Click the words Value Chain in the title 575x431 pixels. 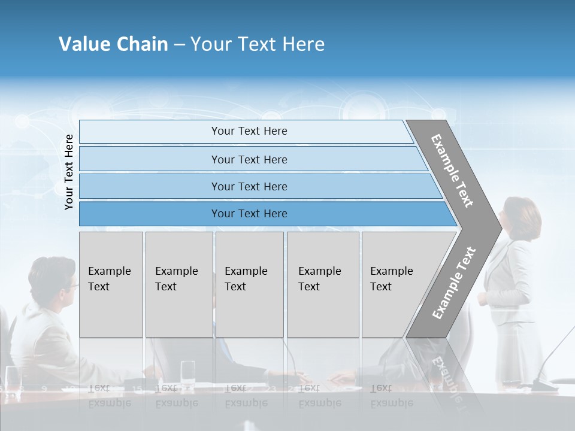tap(113, 44)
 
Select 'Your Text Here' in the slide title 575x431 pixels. tap(258, 44)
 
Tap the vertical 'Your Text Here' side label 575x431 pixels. tap(69, 172)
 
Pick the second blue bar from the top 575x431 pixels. tap(249, 159)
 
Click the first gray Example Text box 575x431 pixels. tap(111, 284)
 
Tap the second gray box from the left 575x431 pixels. tap(179, 284)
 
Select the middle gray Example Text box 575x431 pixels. tap(249, 284)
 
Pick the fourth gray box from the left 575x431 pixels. tap(323, 284)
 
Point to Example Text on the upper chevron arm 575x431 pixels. tap(452, 171)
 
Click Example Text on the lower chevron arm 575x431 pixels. tap(453, 283)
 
